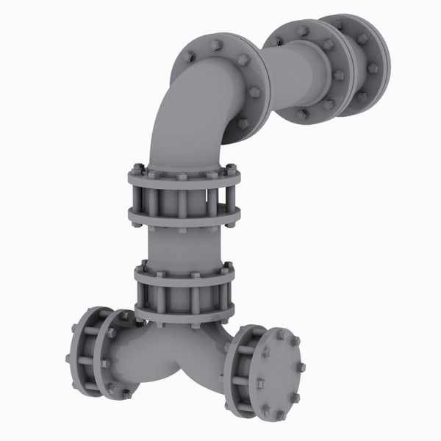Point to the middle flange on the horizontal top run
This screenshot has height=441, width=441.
[x=323, y=70]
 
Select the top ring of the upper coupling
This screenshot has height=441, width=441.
[x=184, y=176]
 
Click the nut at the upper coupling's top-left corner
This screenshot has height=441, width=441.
[x=137, y=167]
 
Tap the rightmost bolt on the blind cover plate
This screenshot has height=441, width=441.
[x=301, y=367]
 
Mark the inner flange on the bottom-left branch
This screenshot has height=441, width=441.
[x=114, y=353]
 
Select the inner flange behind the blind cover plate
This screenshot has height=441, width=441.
[x=239, y=371]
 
